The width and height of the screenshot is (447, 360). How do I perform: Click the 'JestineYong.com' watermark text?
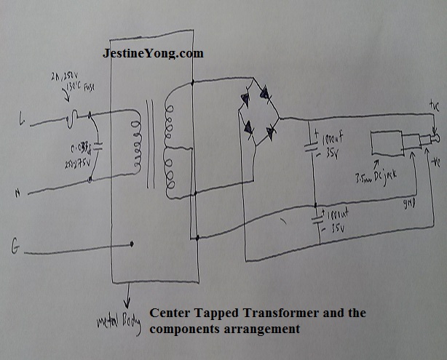[x=151, y=54]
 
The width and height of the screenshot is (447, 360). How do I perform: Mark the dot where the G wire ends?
[x=132, y=244]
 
